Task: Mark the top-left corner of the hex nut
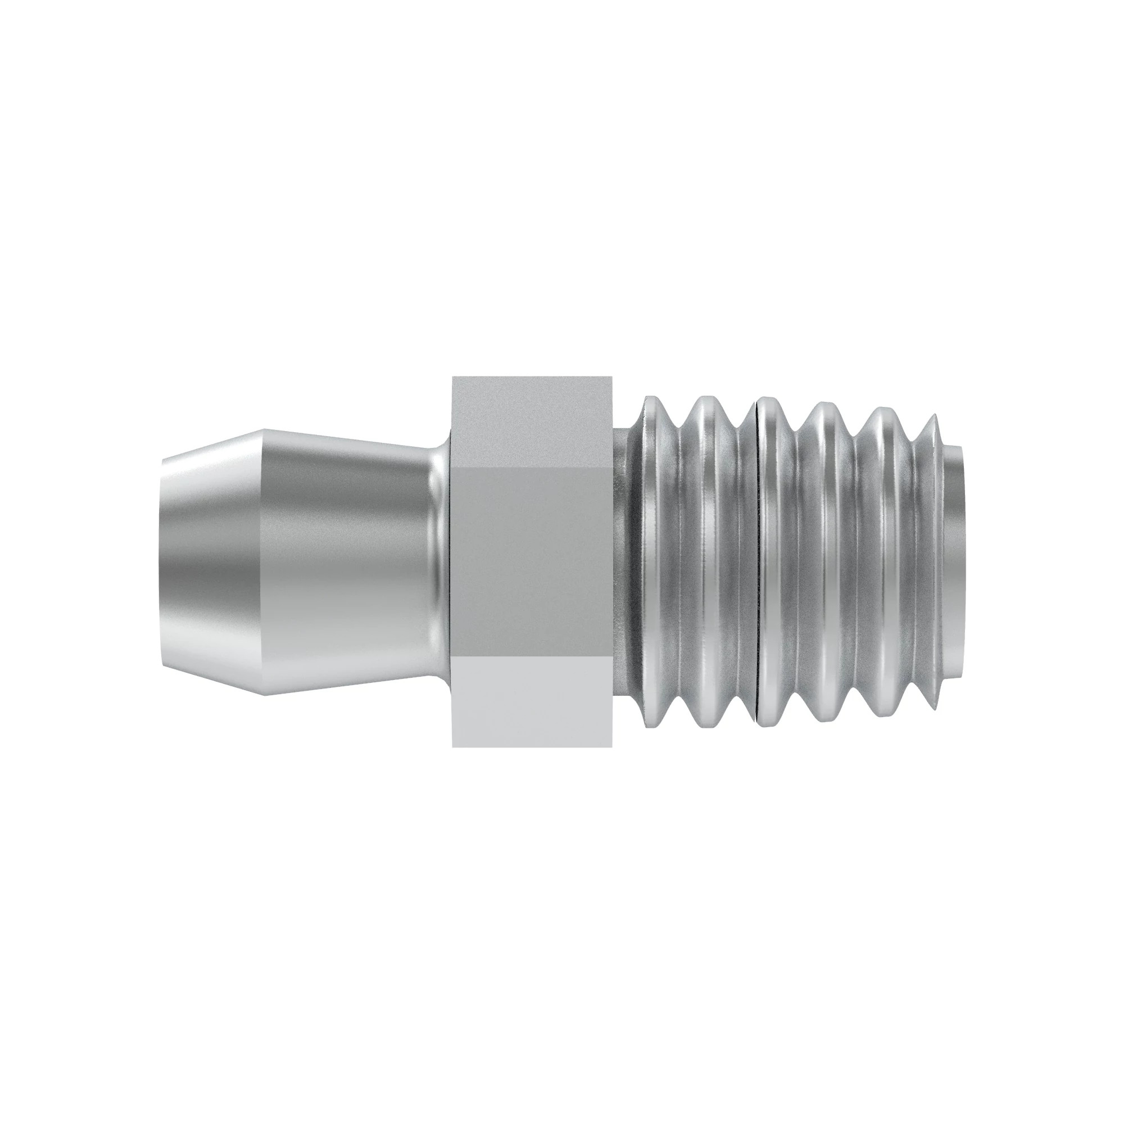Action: [453, 378]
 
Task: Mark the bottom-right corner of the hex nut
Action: [611, 746]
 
